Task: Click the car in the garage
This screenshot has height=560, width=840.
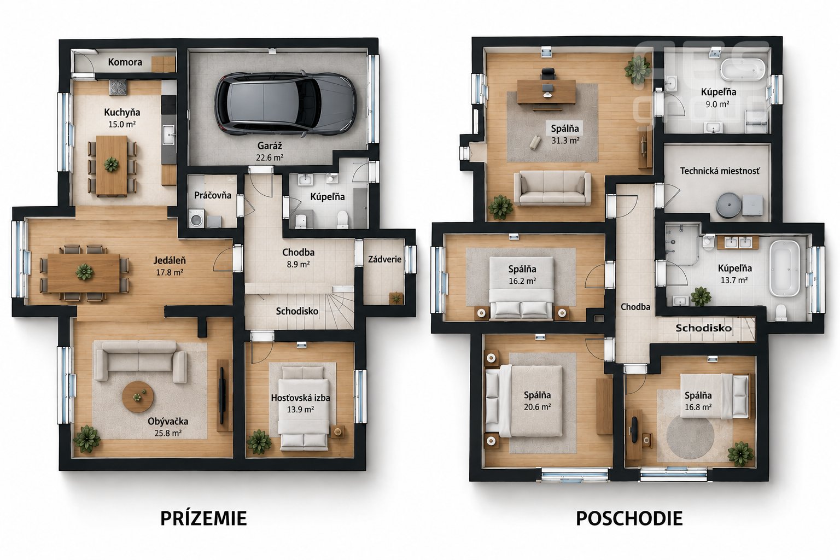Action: [x=285, y=103]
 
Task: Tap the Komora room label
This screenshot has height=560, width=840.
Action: [x=125, y=62]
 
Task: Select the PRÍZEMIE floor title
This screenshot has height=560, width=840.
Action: [x=203, y=518]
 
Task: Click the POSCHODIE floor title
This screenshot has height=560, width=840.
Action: [x=629, y=518]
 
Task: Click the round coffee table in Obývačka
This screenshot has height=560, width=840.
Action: [x=138, y=397]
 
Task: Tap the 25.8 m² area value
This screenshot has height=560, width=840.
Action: [x=168, y=433]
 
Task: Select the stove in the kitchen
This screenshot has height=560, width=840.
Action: [x=118, y=87]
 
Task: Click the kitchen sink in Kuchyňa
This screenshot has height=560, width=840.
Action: [x=169, y=135]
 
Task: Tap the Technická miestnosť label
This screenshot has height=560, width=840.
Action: [x=720, y=171]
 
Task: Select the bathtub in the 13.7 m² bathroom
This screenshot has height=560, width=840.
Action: [x=785, y=268]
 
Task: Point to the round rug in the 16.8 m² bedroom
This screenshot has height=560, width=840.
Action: [x=690, y=437]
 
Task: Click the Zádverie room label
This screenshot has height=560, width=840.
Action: [x=385, y=259]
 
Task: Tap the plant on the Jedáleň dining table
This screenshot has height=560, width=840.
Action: [x=84, y=272]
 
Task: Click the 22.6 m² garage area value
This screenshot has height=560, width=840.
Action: [x=270, y=157]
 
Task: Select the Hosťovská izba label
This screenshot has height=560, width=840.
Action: [x=300, y=398]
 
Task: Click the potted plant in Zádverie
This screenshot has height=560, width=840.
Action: [x=396, y=298]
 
